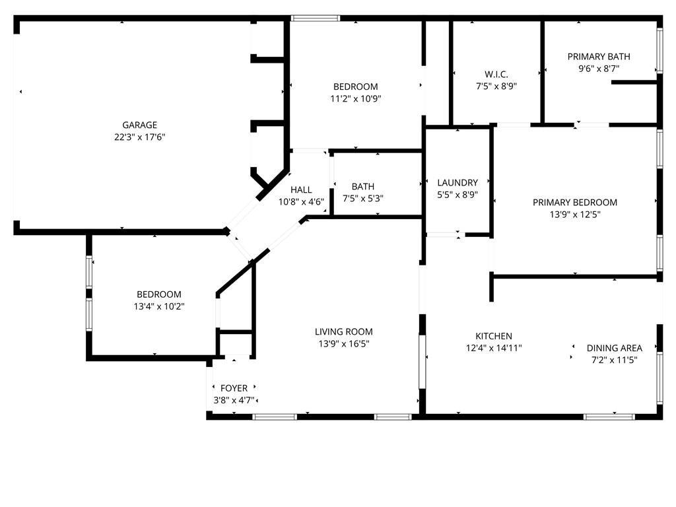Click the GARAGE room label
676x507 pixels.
[139, 125]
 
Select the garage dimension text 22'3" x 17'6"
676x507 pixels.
[139, 137]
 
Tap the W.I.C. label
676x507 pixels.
[496, 74]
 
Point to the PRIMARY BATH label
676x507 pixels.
[599, 56]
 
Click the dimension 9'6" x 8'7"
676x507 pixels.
[599, 69]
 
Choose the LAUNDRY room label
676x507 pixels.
[457, 182]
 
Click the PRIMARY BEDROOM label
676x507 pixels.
[575, 202]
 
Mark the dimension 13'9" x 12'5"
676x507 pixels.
[575, 215]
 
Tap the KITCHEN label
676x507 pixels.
[494, 336]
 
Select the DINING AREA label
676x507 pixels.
[615, 348]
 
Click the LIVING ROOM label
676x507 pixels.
[343, 331]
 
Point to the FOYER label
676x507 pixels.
[234, 388]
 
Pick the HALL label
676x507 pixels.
[301, 189]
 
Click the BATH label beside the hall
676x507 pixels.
[363, 187]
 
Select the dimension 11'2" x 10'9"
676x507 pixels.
[356, 99]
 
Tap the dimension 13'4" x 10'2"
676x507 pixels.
[158, 306]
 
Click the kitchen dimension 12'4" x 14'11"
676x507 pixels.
[494, 349]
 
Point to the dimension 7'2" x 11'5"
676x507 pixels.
[615, 360]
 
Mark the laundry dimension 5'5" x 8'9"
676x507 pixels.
[457, 195]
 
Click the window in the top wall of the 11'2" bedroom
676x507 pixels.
[316, 18]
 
